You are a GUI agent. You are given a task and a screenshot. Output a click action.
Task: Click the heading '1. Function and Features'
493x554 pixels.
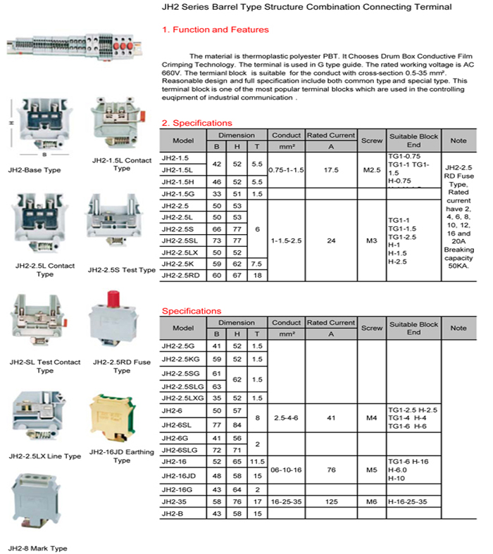[x=215, y=30]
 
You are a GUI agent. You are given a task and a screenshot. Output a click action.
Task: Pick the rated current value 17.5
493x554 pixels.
[x=330, y=169]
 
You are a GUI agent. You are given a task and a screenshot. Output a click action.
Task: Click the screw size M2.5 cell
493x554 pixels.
[x=371, y=169]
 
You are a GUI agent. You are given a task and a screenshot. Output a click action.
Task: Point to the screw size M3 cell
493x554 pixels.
[x=371, y=240]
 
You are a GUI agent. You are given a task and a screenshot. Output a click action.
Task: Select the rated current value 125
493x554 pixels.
[x=330, y=503]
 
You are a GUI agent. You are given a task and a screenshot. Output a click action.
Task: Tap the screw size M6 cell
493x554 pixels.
[x=371, y=503]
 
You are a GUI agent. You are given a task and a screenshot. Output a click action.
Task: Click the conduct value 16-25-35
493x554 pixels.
[x=286, y=503]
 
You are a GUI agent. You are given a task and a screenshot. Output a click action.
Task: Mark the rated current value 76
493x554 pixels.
[x=330, y=468]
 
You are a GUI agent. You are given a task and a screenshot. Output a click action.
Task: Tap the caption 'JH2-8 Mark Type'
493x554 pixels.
[x=38, y=548]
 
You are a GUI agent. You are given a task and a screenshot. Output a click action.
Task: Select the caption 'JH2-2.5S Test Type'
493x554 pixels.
[x=121, y=270]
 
